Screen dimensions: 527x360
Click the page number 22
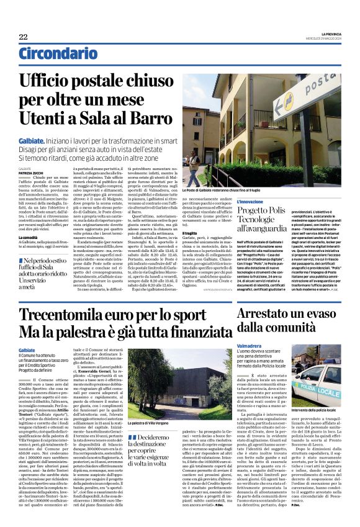pyautogui.click(x=23, y=37)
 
